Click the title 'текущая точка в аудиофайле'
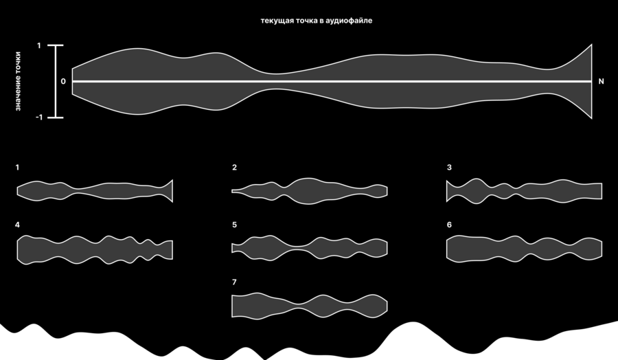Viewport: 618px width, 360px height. (316, 21)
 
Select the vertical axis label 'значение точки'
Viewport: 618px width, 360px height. (18, 81)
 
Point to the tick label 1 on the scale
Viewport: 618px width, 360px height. (39, 46)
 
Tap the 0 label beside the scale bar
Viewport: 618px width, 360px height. (63, 82)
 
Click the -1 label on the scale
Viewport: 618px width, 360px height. (38, 117)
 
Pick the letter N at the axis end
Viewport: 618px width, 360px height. (601, 81)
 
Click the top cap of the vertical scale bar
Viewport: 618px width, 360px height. (56, 46)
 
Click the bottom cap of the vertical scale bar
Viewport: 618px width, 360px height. (56, 117)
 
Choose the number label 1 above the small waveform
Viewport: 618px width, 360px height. (17, 168)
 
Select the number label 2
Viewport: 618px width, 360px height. (235, 168)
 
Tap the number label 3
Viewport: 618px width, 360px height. (449, 168)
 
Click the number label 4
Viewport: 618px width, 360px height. (17, 225)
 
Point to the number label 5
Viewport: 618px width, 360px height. (235, 225)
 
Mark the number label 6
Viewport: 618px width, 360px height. (449, 225)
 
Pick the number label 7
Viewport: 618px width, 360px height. (235, 282)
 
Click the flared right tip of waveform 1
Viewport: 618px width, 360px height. (172, 191)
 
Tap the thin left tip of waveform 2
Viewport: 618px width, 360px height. (233, 191)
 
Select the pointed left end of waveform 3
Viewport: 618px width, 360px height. (447, 191)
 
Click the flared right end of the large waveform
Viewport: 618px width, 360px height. (591, 81)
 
